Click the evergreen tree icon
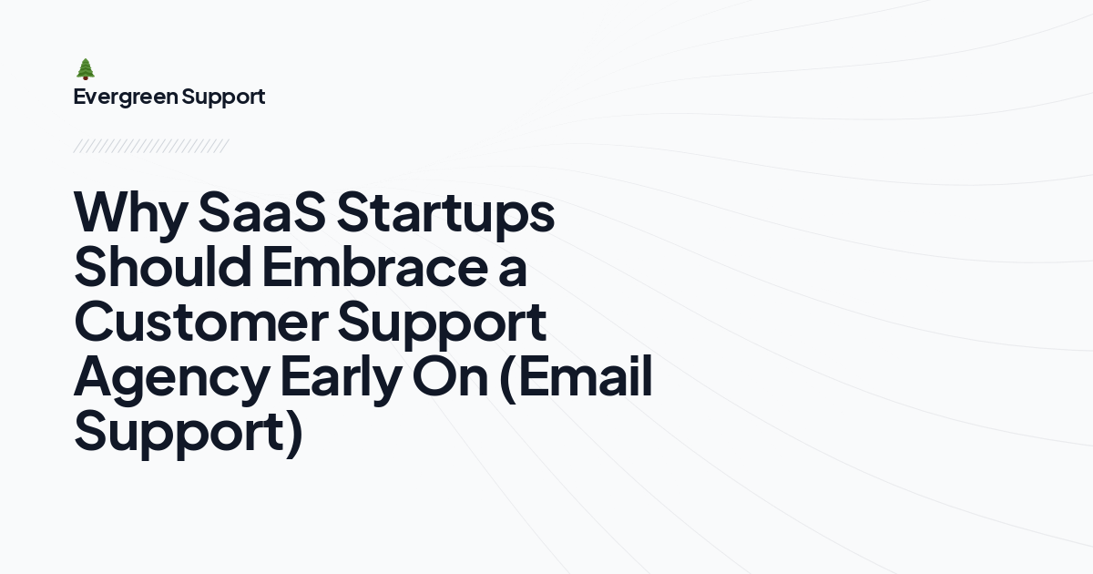click(86, 69)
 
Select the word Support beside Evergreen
click(223, 97)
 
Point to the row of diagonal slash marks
click(151, 146)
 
